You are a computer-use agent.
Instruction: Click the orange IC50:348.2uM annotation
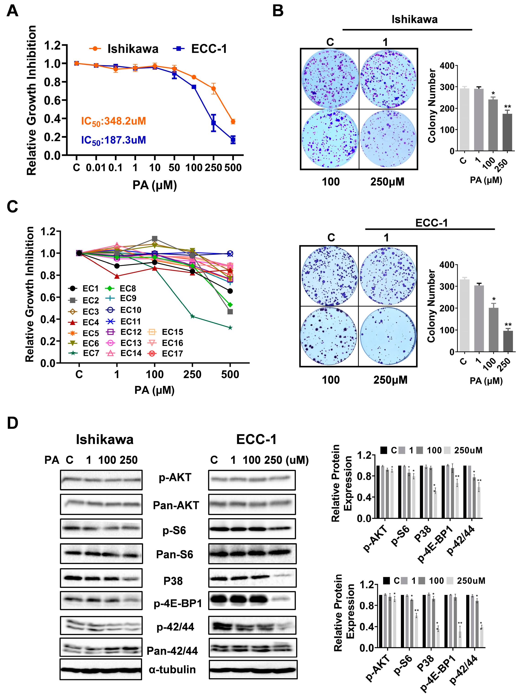(x=113, y=121)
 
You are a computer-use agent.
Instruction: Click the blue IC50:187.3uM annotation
(x=113, y=140)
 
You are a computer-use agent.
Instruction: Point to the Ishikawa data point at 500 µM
(x=233, y=121)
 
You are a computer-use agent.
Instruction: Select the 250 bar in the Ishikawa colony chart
(x=507, y=132)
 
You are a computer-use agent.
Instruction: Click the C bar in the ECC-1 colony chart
(x=464, y=315)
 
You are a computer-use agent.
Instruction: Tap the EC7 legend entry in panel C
(x=84, y=353)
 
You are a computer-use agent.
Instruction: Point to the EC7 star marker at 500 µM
(x=230, y=328)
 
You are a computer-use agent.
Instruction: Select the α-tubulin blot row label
(x=172, y=669)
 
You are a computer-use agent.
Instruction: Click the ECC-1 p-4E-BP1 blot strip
(x=252, y=600)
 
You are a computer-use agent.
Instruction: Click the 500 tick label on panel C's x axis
(x=230, y=374)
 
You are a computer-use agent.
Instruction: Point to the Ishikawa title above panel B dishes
(x=414, y=19)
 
